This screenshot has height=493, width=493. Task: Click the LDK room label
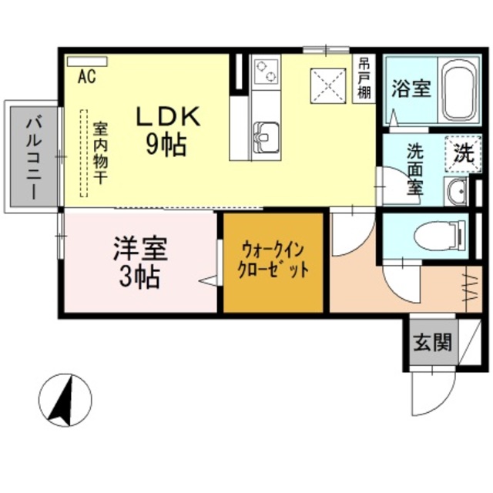point(168,116)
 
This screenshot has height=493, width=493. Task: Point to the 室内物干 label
point(101,153)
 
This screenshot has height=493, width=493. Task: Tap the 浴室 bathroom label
point(410,89)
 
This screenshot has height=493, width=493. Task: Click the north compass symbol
point(65,399)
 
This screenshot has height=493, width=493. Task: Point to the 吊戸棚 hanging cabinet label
point(364,78)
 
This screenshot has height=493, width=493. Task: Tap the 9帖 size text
point(167,143)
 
